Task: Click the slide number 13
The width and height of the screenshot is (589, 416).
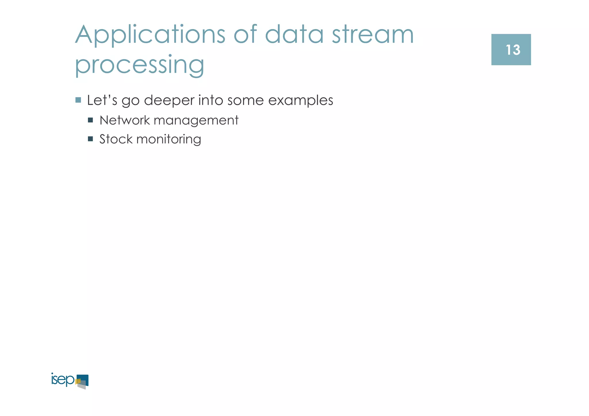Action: tap(512, 50)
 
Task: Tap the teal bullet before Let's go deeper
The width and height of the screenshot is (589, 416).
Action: tap(78, 100)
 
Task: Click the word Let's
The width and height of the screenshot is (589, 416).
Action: tap(102, 100)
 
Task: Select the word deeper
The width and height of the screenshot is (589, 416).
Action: tap(169, 101)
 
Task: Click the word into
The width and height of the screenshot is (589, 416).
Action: tap(211, 100)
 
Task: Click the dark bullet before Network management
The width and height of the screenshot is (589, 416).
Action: tap(90, 120)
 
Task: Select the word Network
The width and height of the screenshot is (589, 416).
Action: tap(125, 120)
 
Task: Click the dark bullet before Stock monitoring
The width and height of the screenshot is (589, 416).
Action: tap(90, 139)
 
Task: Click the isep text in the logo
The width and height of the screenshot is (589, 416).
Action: tap(62, 380)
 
